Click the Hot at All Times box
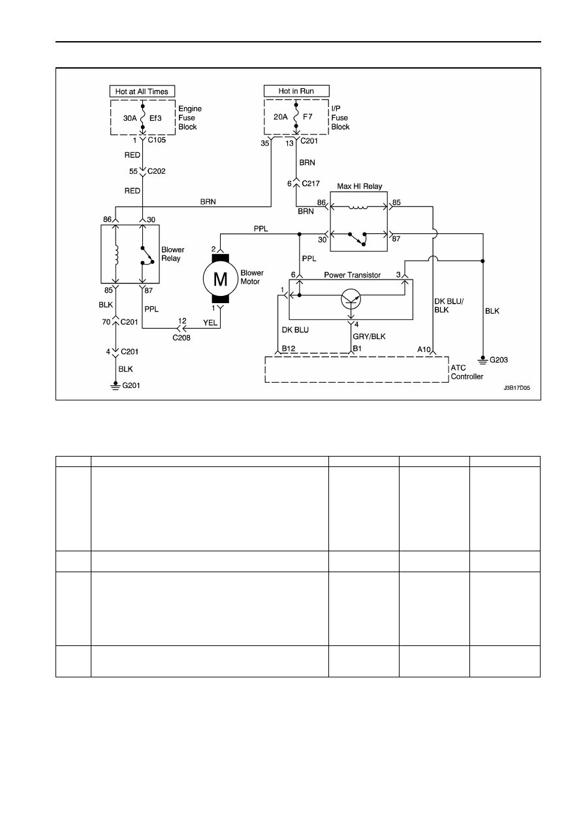[142, 91]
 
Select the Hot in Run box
[296, 91]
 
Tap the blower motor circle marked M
[221, 279]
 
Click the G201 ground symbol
[115, 386]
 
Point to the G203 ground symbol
[482, 360]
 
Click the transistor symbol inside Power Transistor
[351, 299]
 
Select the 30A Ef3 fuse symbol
[143, 117]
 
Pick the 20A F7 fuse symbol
[296, 116]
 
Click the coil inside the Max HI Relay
[358, 207]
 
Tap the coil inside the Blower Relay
[116, 255]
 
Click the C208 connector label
[181, 338]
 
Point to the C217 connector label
[311, 184]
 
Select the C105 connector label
[157, 140]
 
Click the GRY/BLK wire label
[369, 336]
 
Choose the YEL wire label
[210, 323]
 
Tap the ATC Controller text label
[467, 372]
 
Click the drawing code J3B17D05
[517, 388]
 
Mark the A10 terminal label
[424, 349]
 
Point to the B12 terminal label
[289, 348]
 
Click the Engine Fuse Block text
[190, 118]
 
